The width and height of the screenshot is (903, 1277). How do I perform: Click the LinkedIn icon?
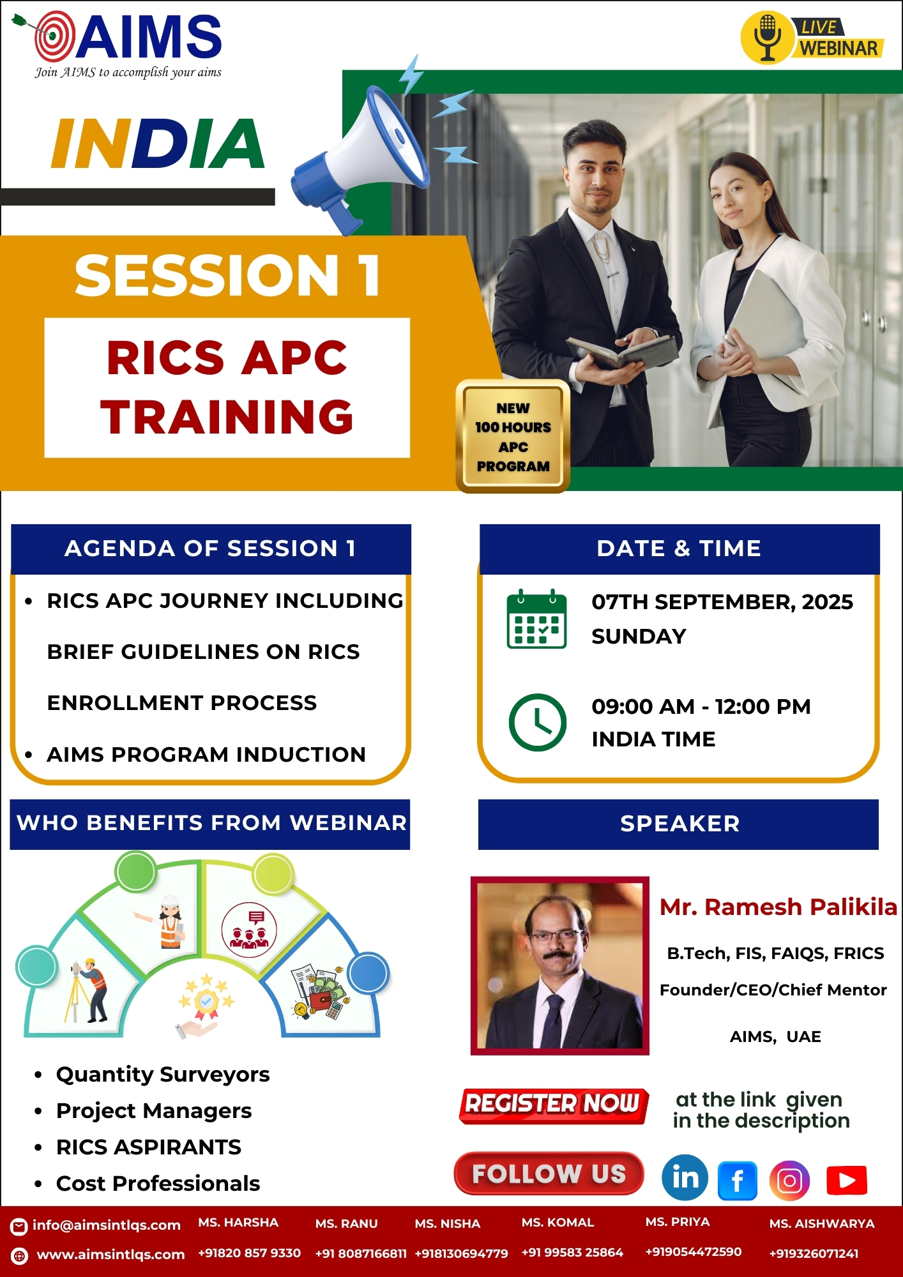click(685, 1177)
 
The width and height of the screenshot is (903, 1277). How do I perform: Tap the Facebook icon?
click(738, 1181)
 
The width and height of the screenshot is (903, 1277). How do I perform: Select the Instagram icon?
click(789, 1181)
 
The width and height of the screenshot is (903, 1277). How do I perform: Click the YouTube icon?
click(846, 1180)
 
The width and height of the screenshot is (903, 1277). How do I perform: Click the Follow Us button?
click(549, 1174)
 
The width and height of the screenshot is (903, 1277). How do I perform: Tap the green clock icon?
click(537, 722)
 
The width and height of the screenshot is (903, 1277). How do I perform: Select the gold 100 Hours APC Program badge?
click(513, 437)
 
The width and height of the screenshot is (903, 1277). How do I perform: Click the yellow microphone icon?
click(767, 38)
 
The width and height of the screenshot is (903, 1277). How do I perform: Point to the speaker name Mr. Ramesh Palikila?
click(778, 907)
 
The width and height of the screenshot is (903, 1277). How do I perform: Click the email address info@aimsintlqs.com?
click(107, 1225)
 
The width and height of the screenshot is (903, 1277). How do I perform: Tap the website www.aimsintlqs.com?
click(110, 1254)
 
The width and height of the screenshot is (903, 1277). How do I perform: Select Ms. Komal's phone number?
click(572, 1252)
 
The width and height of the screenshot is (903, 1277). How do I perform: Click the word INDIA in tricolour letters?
click(158, 144)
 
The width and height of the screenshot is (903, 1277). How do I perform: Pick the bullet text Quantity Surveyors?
click(163, 1075)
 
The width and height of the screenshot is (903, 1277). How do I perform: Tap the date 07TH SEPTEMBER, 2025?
click(722, 601)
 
